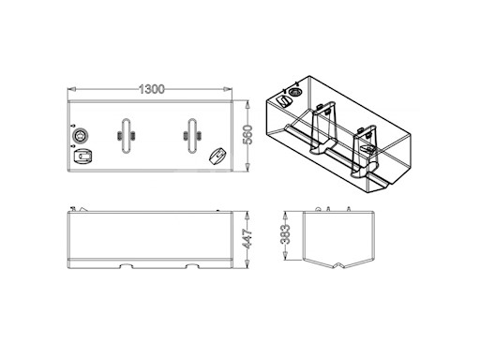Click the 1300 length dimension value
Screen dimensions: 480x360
tap(152, 89)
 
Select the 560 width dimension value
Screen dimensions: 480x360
tap(247, 135)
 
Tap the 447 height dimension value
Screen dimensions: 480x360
tap(247, 239)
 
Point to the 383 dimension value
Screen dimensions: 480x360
tap(286, 234)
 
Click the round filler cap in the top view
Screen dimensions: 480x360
tap(80, 136)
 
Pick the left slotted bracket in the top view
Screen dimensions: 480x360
tap(126, 136)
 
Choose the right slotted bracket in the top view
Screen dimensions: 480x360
tap(192, 136)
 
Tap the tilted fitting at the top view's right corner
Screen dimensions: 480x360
tap(217, 156)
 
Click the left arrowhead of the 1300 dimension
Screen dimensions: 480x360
tap(71, 89)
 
